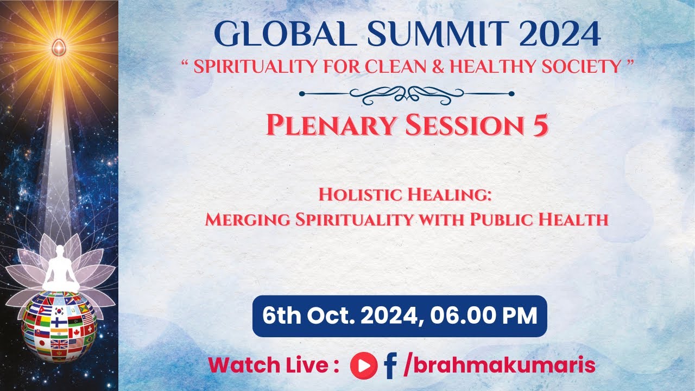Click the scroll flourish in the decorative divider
coord(407,94)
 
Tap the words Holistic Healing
coord(405,194)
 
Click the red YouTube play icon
coord(363,365)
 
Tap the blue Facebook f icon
coord(389,365)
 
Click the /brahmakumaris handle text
coord(500,365)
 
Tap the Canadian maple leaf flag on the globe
coord(77,332)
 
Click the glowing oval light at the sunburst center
coord(58,48)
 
